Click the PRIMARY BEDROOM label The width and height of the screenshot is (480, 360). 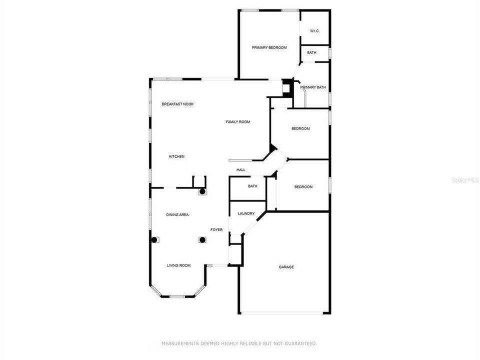coord(269,47)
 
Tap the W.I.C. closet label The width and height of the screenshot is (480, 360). coord(314,31)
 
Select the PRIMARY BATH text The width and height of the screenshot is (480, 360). coord(313,87)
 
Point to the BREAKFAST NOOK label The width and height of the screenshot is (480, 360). coord(177,104)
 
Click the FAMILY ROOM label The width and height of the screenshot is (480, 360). coord(238,122)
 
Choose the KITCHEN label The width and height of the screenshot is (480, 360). coord(176,156)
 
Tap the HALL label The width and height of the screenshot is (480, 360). coord(241,170)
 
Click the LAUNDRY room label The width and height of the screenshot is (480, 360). coord(246,213)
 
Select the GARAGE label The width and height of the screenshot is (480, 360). coord(286,267)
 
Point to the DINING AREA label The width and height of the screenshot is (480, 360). coord(177,214)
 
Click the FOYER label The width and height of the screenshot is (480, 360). coord(216,229)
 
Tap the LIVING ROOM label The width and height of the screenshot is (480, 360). coord(178,265)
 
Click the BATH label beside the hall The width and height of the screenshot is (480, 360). coord(252,186)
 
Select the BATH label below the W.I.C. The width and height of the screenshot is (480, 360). coord(311,52)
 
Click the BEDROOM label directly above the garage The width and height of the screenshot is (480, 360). coord(303,187)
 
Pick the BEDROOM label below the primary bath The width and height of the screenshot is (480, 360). coord(300,128)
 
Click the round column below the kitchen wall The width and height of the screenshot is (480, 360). coord(202,191)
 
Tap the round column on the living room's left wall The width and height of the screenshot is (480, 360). coord(154,239)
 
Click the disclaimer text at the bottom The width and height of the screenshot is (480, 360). coord(239,343)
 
